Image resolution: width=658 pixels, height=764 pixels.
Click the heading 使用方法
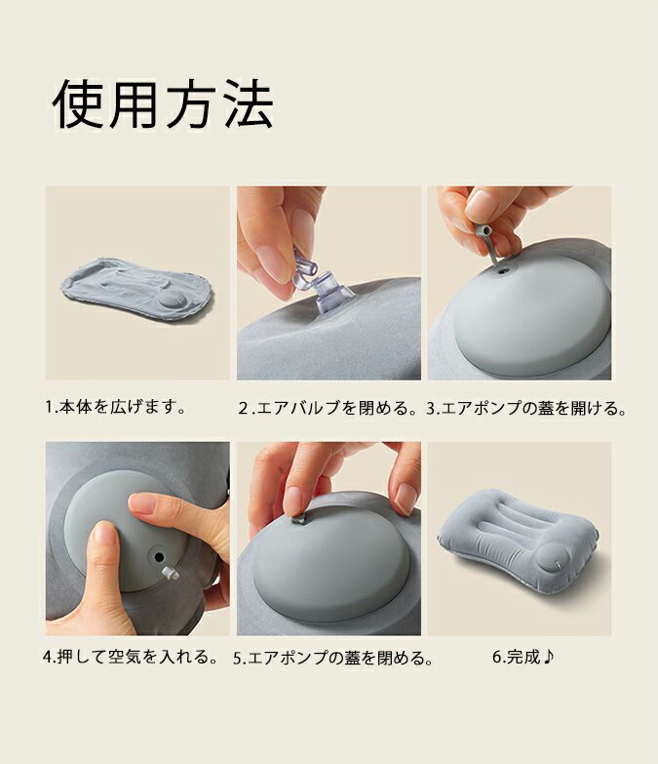tap(163, 105)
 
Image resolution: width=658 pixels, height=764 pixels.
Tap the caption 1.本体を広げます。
tap(115, 406)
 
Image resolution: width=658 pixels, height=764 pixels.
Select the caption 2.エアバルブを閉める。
tap(329, 408)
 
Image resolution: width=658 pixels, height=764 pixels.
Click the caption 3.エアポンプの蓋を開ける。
tap(526, 408)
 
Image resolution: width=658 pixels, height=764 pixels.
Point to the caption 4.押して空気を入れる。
tap(130, 658)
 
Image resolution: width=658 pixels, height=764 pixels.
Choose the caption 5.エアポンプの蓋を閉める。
tap(333, 659)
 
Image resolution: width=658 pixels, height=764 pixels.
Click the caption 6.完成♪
tap(523, 657)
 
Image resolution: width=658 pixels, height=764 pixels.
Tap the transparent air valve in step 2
tap(322, 283)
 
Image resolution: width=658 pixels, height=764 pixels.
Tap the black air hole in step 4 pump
tap(159, 556)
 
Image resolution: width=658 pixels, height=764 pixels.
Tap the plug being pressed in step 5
tap(298, 520)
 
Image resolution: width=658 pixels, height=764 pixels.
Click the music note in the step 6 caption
tap(549, 657)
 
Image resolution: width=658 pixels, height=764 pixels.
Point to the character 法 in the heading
tap(248, 105)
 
